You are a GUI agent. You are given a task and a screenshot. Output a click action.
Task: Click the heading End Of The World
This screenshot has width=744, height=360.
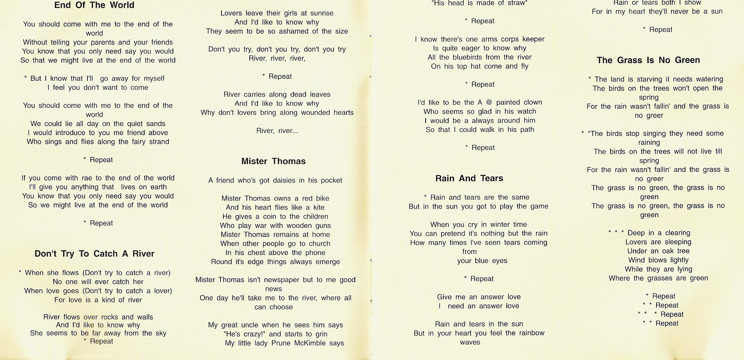coord(94,5)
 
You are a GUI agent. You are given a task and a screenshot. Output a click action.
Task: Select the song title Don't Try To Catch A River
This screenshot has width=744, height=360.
coord(95,254)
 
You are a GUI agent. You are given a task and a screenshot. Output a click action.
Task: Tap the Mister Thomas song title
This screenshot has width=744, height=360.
coord(273,161)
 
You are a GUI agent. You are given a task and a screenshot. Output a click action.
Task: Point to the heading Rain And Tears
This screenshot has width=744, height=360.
coord(469,178)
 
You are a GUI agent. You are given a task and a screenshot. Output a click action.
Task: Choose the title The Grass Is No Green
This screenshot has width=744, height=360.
coord(648,60)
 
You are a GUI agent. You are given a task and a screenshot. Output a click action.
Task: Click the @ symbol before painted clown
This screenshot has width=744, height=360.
coord(489,102)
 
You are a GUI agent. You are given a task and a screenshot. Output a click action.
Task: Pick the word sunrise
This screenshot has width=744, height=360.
coord(322,13)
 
